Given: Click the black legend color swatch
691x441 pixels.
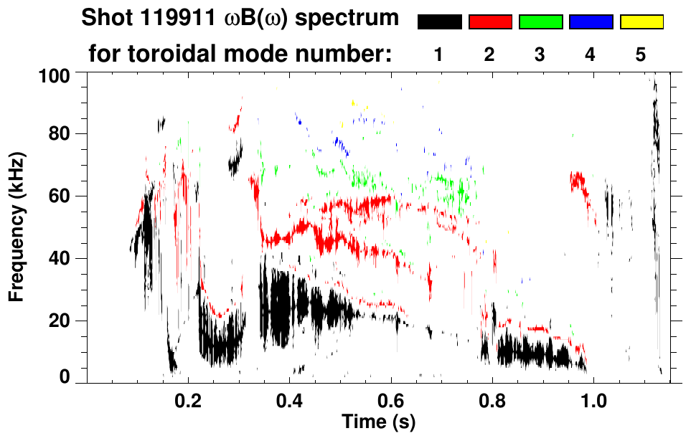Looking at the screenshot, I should [x=439, y=22].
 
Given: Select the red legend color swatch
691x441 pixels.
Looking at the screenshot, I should [x=490, y=22].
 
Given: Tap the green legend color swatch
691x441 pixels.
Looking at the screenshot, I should [x=540, y=22].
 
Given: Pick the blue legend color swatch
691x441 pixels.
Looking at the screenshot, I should [x=591, y=22].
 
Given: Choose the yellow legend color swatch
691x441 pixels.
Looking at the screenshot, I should [x=641, y=22].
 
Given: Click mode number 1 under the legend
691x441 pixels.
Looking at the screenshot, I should [x=439, y=54].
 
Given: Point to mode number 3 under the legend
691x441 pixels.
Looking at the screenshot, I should [x=540, y=54].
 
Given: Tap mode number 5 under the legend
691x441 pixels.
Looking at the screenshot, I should [x=641, y=54].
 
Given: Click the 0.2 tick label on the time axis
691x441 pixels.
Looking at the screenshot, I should [x=188, y=401].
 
